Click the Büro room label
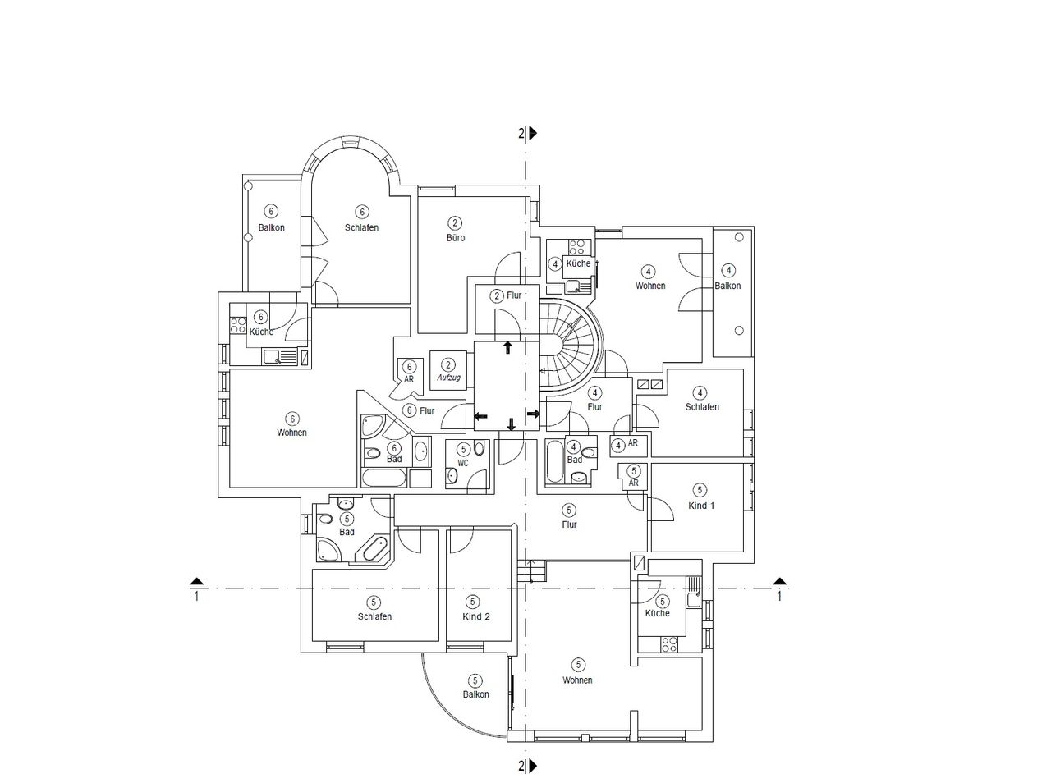coord(456,237)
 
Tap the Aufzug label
coord(448,378)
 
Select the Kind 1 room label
coord(701,506)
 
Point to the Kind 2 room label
coord(476,616)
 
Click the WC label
coord(462,463)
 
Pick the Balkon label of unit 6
coord(271,227)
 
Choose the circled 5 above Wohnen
coord(578,664)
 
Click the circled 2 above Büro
coord(454,222)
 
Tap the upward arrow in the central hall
coord(507,347)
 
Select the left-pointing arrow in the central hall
coord(480,416)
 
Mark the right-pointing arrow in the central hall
coord(534,414)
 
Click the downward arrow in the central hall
coord(511,424)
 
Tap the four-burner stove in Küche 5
coord(669,644)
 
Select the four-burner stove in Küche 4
coord(576,247)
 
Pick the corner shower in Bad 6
coord(373,425)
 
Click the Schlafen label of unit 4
coord(702,407)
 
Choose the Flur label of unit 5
coord(569,524)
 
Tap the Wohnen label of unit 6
coord(291,433)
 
